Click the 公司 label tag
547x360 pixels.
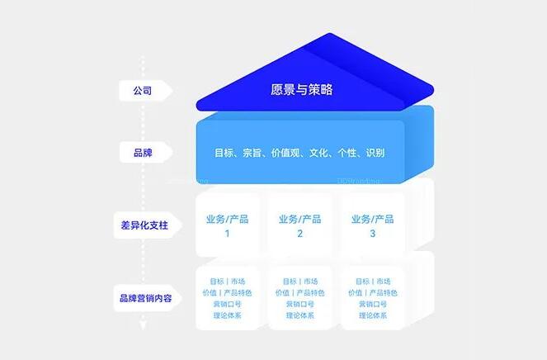tap(142, 90)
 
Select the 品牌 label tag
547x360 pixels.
tap(142, 153)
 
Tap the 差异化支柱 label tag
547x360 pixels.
tap(142, 224)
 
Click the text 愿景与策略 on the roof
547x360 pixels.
tap(301, 89)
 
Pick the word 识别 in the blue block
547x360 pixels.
tap(373, 153)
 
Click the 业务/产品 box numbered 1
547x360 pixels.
tap(228, 225)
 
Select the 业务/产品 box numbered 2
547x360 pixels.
tap(300, 225)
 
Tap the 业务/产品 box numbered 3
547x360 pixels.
tap(373, 225)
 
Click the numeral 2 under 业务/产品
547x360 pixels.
tap(300, 234)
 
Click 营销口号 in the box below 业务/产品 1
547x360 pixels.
tap(228, 304)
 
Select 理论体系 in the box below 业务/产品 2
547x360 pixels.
tap(300, 315)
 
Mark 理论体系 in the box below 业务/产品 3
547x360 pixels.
tap(373, 315)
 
